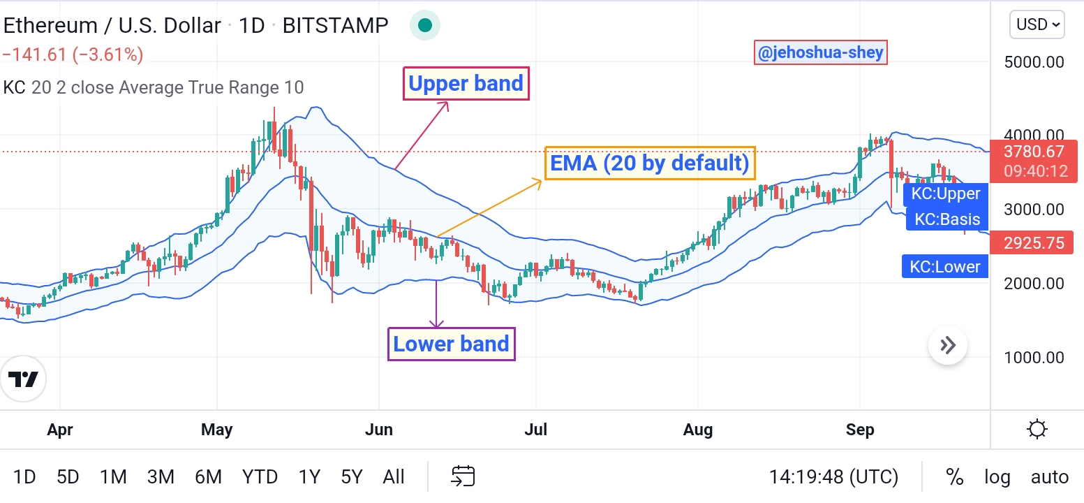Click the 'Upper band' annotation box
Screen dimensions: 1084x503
click(466, 84)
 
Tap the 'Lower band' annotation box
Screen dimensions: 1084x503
click(452, 344)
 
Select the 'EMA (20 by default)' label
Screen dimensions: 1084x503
click(650, 163)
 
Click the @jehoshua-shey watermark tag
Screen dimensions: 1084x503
click(821, 52)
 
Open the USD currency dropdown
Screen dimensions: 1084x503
click(1037, 24)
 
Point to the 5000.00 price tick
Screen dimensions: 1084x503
click(1034, 62)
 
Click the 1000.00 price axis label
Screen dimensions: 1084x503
click(1034, 357)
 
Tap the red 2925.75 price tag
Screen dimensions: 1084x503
click(1034, 242)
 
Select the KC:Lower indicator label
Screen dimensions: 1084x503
click(944, 266)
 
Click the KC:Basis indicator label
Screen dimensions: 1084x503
click(947, 219)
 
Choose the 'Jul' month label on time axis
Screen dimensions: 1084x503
click(535, 430)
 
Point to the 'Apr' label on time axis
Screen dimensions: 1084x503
click(60, 430)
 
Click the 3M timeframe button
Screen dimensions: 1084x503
click(161, 477)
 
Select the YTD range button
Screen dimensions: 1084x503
click(260, 477)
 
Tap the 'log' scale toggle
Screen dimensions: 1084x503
click(997, 477)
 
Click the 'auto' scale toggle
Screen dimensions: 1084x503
click(1050, 477)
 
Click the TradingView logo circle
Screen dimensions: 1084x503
click(23, 379)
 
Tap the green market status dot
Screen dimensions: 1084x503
click(425, 25)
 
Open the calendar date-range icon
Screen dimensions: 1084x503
click(463, 476)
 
